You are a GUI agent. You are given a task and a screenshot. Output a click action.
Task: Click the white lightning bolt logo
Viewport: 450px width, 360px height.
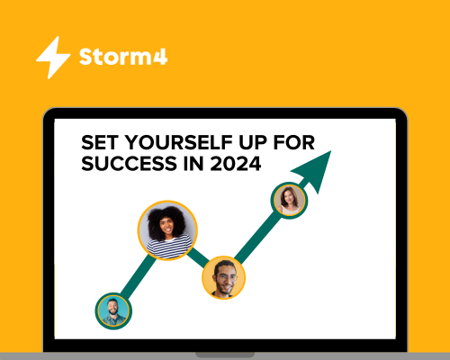point(53,58)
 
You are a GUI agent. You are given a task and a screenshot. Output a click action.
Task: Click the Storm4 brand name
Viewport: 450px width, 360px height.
point(123,57)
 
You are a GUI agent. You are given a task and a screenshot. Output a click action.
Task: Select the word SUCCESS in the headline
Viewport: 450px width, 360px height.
point(130,164)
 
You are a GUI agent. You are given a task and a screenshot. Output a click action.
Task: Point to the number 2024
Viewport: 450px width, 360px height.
point(236,164)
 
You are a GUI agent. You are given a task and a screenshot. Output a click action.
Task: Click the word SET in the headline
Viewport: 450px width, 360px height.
point(100,142)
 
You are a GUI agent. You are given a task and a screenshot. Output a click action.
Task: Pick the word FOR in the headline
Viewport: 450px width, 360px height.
point(294,142)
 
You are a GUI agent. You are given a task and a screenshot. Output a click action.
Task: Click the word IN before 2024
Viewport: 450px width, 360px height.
point(193,164)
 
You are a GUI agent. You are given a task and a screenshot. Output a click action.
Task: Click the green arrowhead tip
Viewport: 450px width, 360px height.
point(331,151)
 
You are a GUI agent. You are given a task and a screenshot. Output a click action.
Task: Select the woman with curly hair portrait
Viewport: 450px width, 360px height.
point(167,230)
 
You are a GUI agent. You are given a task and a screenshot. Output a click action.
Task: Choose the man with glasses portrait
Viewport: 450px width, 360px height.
point(223,277)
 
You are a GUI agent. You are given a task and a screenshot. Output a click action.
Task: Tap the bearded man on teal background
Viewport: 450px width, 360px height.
point(113,310)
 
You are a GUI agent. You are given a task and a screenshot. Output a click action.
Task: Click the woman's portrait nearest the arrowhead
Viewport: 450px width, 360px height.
point(289,201)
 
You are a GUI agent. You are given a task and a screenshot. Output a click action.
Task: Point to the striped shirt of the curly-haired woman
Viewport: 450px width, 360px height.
point(168,247)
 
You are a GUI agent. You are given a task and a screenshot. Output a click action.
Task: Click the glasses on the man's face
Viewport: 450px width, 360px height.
point(227,277)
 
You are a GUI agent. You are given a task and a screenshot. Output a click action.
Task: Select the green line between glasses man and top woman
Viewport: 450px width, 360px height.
point(258,237)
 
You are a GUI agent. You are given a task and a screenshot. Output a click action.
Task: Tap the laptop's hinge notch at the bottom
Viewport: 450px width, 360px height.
point(225,355)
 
